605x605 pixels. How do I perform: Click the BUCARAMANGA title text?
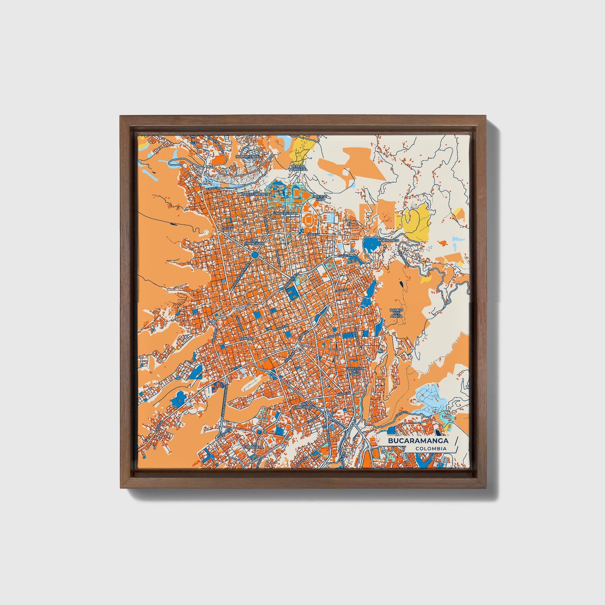coord(418,441)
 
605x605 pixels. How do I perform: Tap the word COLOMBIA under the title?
coord(431,449)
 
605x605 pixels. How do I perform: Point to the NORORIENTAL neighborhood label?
coord(248,156)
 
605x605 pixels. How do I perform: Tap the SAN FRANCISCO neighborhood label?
coord(255,242)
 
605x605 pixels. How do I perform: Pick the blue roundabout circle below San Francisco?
coord(255,255)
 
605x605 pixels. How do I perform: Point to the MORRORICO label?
coord(386,241)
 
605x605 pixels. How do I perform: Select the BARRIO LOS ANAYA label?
coord(396,313)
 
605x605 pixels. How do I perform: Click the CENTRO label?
coord(247,338)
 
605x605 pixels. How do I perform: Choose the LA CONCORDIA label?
coord(304,406)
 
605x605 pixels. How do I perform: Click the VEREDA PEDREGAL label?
coord(299,167)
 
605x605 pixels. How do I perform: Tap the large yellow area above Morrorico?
coord(416,222)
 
